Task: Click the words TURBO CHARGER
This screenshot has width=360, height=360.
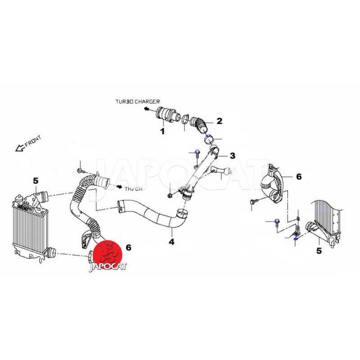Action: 137,101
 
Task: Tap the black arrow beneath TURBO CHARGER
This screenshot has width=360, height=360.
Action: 147,109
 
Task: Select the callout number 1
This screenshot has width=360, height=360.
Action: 162,131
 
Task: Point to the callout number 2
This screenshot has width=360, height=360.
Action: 220,121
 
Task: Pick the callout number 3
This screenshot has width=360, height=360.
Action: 233,156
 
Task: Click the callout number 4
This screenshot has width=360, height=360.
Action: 171,242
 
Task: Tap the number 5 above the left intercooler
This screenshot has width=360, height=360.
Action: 36,181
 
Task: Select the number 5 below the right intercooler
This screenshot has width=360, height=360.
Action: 319,251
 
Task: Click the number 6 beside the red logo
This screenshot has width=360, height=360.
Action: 128,247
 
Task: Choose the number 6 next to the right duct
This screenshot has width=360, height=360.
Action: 299,176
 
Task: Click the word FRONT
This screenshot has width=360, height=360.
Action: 33,141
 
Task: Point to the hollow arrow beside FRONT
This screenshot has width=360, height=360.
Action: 20,148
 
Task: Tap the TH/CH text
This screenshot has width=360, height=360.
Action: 134,189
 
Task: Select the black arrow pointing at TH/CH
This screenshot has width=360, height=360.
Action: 119,187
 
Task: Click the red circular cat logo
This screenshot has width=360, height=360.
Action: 108,255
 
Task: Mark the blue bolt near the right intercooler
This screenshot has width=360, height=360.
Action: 276,222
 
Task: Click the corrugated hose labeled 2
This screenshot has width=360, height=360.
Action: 199,124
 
